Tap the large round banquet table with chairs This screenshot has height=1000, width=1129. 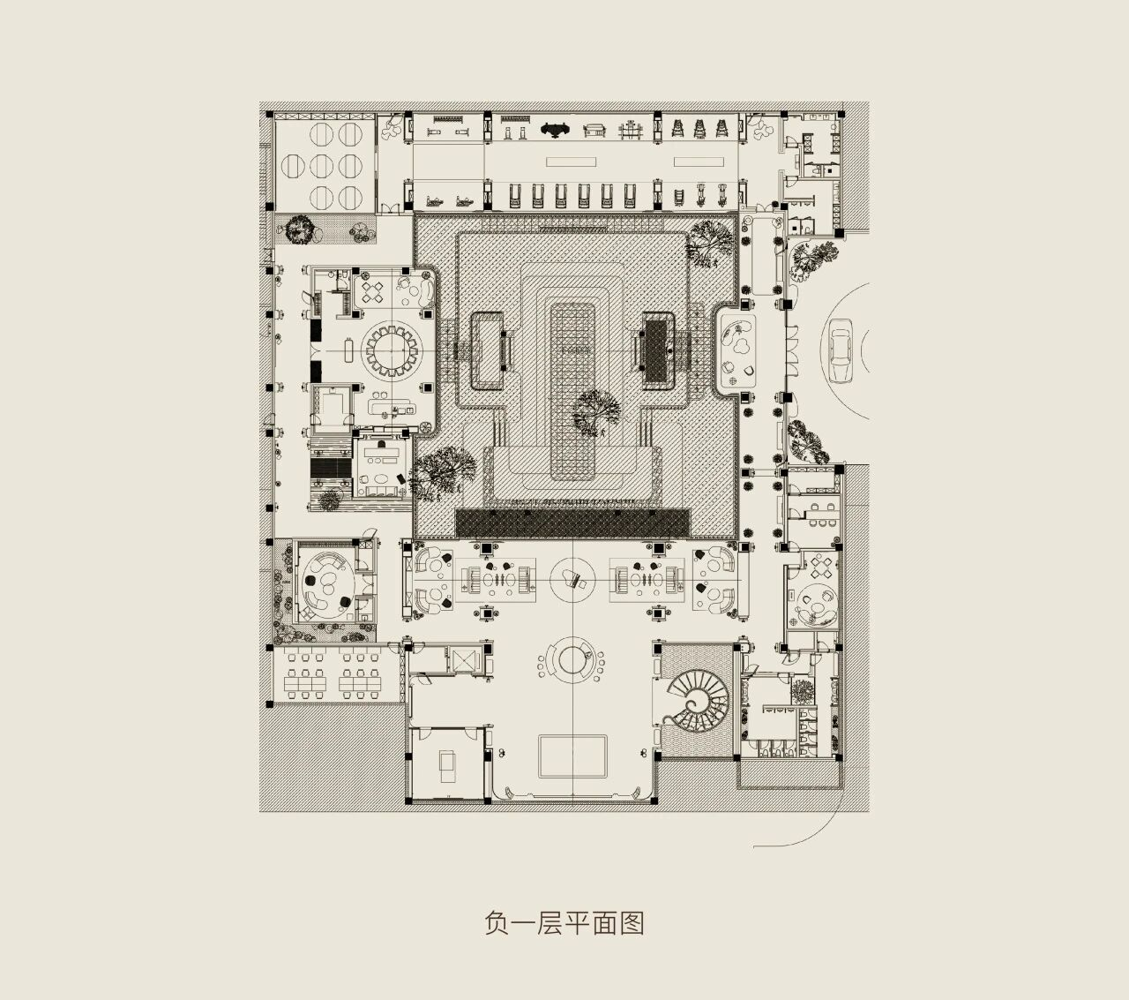(x=389, y=350)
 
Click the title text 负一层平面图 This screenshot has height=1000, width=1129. (x=564, y=923)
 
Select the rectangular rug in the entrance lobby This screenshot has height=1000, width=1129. (x=573, y=756)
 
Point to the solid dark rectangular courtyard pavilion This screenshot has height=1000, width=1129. (x=657, y=350)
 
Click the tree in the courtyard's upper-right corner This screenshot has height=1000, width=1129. (x=709, y=240)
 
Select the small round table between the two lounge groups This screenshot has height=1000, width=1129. (x=572, y=580)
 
